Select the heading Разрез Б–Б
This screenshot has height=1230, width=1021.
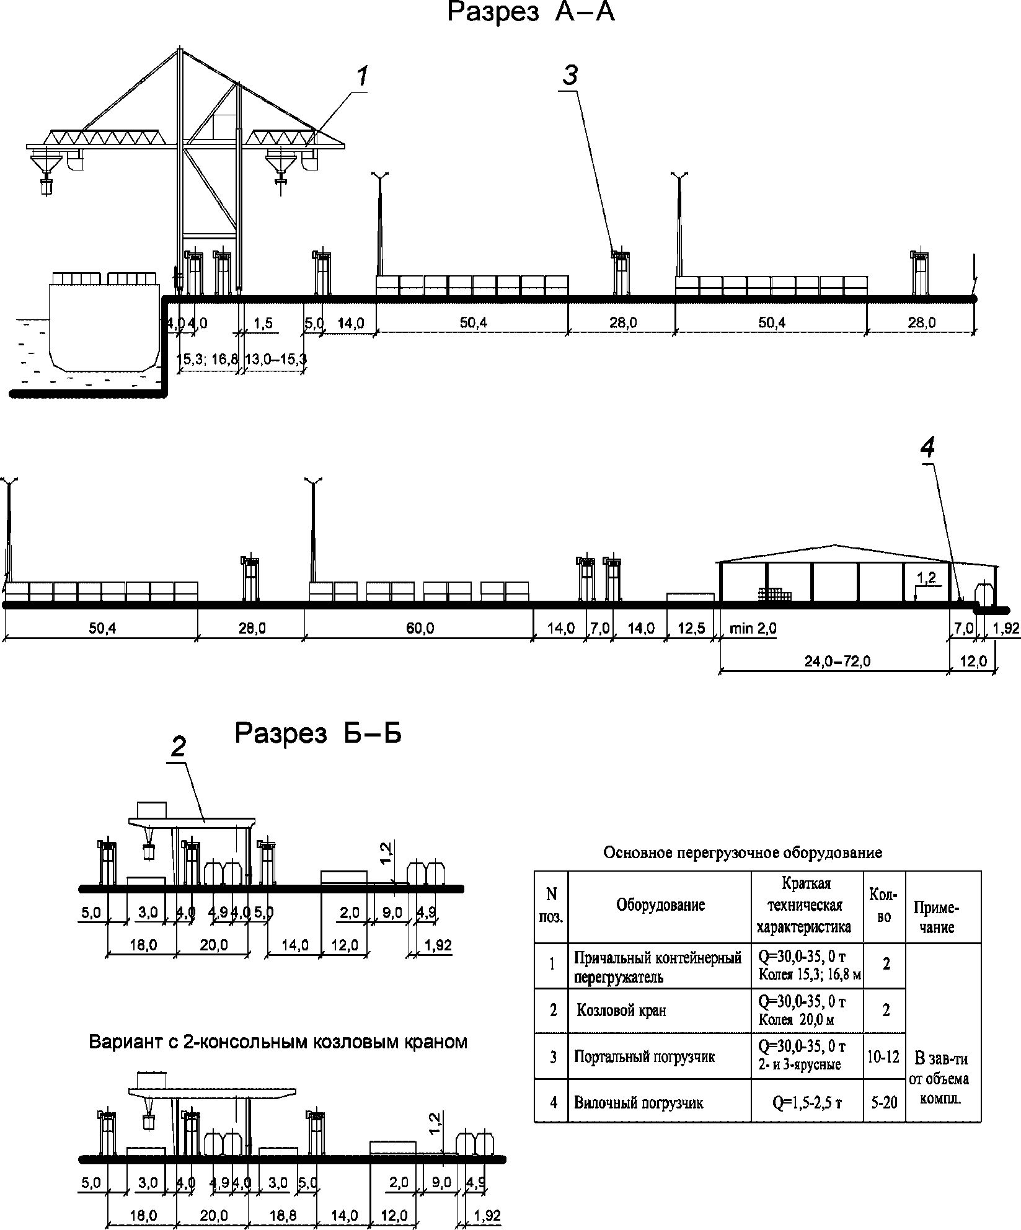(318, 733)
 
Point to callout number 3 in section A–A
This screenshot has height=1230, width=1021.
(570, 76)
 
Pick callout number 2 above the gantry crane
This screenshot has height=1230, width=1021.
(178, 748)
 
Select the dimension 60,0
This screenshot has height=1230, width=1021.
(420, 629)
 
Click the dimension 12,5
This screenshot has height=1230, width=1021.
(691, 629)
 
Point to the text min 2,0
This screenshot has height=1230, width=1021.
(753, 629)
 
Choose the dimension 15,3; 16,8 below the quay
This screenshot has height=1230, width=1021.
(208, 359)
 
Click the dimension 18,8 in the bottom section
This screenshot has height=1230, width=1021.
(283, 1216)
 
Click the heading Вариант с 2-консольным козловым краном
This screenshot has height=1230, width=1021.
(278, 1041)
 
